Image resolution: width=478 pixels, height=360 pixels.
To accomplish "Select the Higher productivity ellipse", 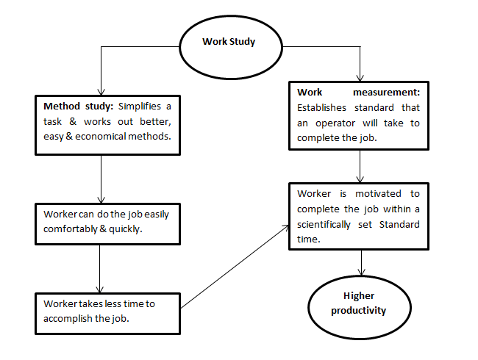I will point(360,303).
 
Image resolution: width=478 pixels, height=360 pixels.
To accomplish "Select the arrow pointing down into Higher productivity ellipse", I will point(360,263).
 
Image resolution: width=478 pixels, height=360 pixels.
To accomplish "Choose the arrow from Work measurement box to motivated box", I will point(359,165).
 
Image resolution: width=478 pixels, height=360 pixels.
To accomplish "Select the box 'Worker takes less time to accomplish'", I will point(107,311).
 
